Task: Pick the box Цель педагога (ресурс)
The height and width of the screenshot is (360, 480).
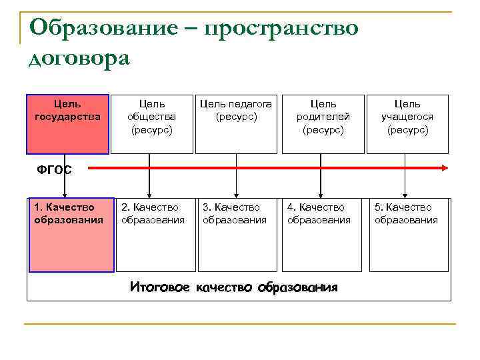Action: [x=236, y=123]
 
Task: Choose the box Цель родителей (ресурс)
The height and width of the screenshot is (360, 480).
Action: [x=323, y=123]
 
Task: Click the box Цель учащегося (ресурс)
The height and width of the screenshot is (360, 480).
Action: [x=407, y=123]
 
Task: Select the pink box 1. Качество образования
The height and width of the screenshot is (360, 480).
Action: [x=70, y=234]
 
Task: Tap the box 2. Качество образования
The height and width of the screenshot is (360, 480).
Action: [x=156, y=234]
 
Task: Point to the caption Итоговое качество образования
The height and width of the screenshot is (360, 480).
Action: [x=233, y=287]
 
